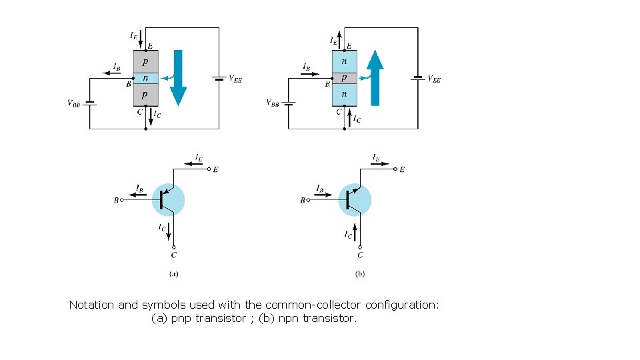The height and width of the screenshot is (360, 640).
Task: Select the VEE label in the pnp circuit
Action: tap(235, 79)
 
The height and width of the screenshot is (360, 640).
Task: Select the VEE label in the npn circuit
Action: tap(433, 79)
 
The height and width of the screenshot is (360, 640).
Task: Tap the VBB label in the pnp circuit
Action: tap(75, 103)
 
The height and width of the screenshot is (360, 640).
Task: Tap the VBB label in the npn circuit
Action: tap(273, 103)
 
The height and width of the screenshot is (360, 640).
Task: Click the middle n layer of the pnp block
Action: tap(145, 78)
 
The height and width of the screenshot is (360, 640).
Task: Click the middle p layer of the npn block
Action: tap(344, 78)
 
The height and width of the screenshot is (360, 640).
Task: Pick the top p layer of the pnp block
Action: tap(145, 61)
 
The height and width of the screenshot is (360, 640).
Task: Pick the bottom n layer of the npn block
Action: tap(344, 95)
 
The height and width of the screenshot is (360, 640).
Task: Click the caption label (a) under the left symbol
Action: tap(173, 273)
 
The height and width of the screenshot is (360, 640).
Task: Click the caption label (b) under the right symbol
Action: tap(360, 273)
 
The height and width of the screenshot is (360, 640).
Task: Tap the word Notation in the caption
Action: tap(92, 305)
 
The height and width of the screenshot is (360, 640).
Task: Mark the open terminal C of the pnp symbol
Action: tap(174, 248)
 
